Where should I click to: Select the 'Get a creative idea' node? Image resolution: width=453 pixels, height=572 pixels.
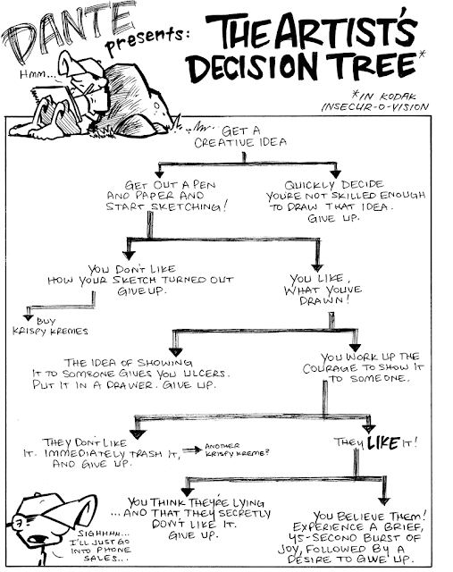point(240,137)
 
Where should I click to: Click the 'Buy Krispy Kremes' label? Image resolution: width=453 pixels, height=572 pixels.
point(50,326)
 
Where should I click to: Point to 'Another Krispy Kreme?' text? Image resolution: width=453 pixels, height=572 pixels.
point(237,450)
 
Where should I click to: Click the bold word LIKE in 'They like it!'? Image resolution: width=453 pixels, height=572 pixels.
point(383,442)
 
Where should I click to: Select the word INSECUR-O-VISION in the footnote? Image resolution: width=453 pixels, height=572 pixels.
point(374,107)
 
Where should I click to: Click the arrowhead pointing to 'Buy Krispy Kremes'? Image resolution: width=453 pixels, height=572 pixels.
point(28,317)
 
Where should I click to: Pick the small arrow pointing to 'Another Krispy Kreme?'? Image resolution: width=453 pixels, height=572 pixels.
point(192,450)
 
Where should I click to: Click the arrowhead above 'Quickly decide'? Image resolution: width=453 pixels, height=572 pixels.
point(335,173)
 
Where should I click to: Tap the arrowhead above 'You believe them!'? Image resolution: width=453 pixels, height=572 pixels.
point(383,500)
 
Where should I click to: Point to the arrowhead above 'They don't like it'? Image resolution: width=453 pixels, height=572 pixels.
point(138,434)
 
